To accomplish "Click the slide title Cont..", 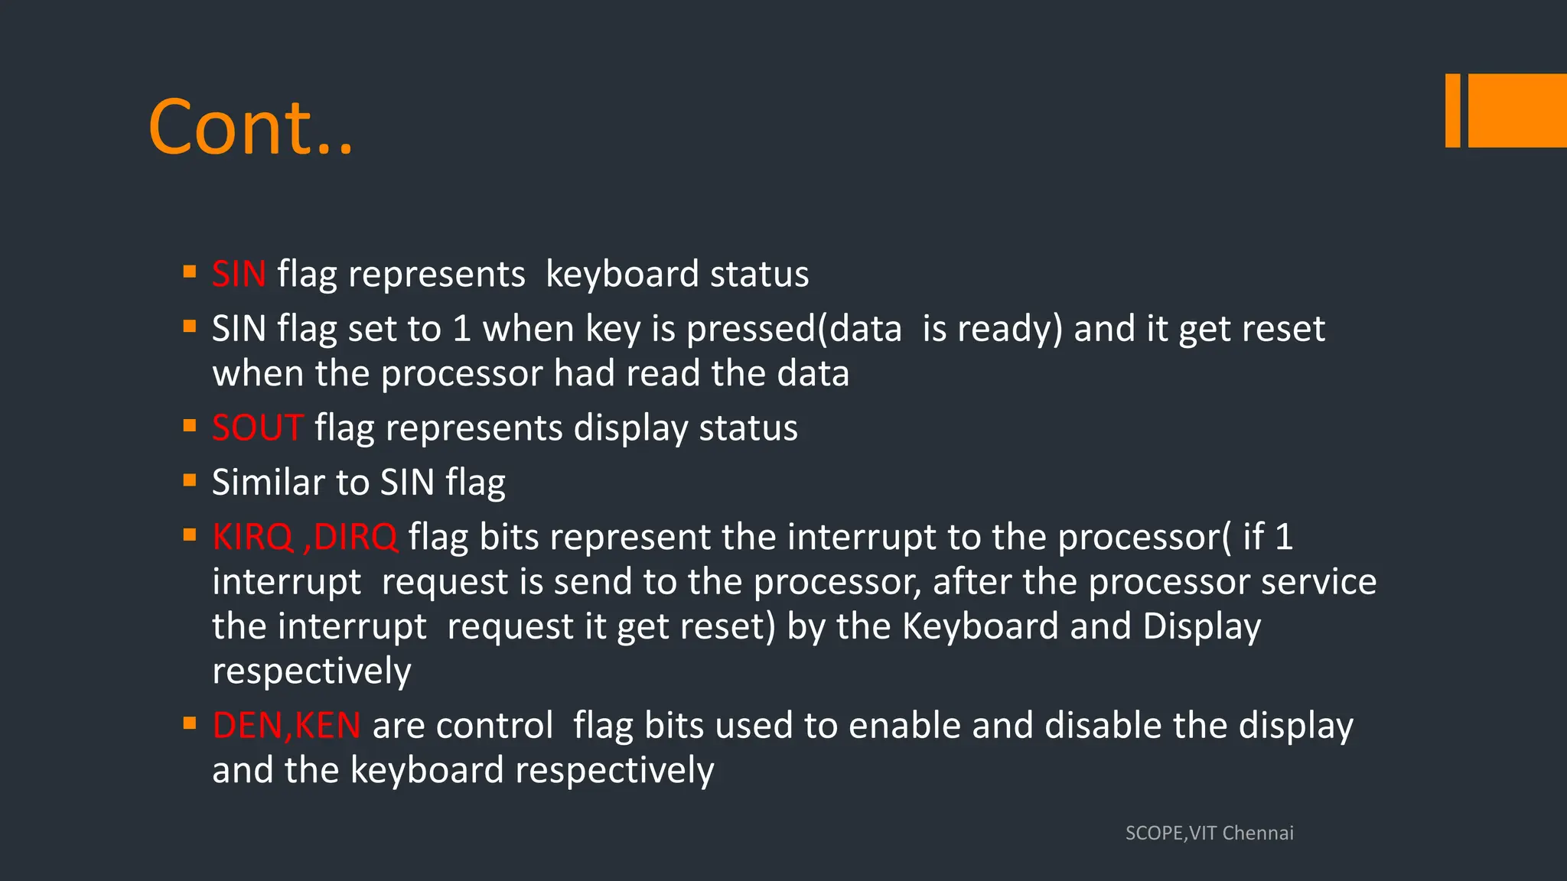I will (250, 127).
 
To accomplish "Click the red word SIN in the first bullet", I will (239, 274).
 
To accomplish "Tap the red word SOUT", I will (258, 427).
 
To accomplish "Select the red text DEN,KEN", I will (286, 725).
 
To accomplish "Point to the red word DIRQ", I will (356, 537).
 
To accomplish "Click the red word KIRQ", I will (252, 537).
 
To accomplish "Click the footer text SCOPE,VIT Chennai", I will (1209, 833).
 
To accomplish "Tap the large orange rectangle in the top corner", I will (1517, 110).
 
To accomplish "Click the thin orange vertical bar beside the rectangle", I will (1452, 110).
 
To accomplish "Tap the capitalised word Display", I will (1201, 626).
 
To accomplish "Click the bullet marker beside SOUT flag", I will (190, 425).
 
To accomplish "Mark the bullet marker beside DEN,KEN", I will (190, 723).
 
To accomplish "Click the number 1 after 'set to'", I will (461, 329).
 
